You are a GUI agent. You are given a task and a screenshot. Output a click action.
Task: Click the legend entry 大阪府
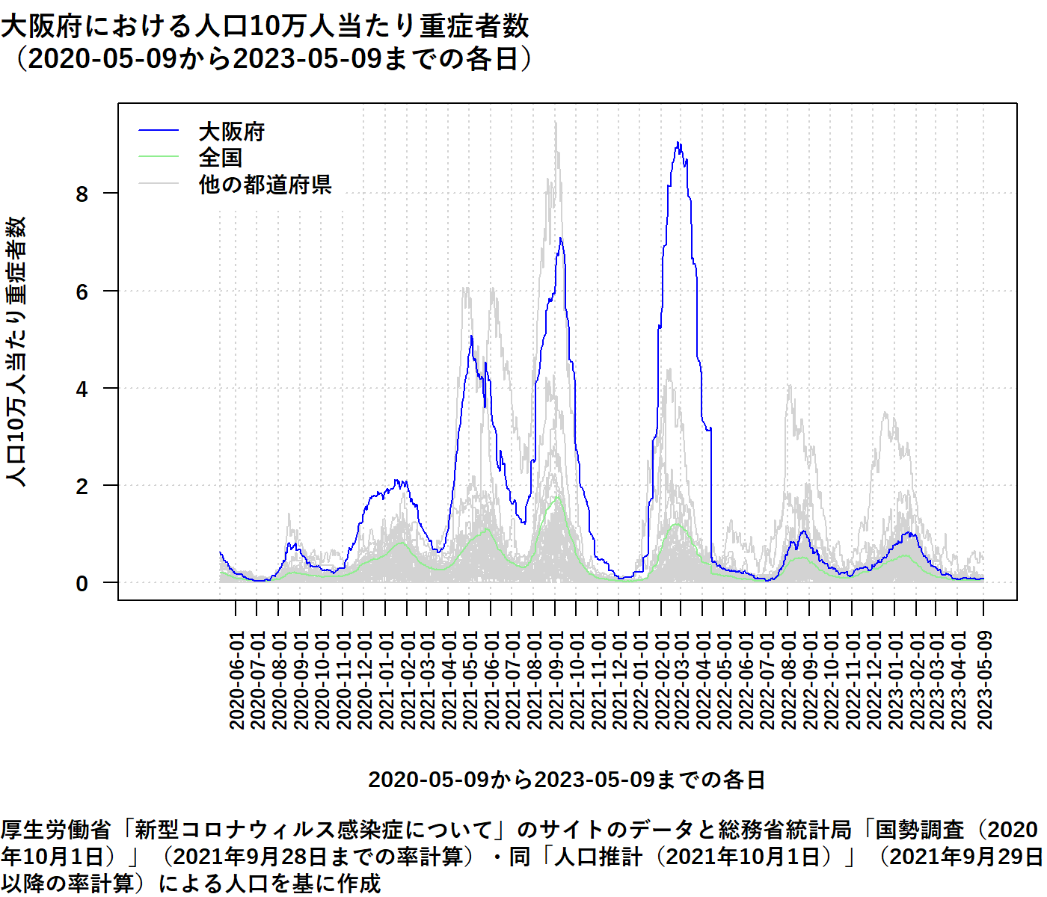tap(231, 132)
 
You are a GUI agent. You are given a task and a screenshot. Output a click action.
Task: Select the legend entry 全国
tap(220, 158)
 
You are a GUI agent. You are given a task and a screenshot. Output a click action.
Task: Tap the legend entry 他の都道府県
tap(265, 184)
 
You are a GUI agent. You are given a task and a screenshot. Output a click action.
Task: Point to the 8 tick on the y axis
tap(82, 194)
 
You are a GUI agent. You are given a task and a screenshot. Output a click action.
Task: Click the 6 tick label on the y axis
tap(82, 292)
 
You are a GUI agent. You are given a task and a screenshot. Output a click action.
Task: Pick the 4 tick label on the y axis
tap(82, 389)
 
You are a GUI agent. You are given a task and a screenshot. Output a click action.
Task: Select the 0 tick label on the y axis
tap(82, 583)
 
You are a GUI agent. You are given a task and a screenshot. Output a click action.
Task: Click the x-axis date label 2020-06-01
tap(236, 680)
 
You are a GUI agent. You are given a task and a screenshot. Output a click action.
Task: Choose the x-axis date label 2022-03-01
tap(681, 680)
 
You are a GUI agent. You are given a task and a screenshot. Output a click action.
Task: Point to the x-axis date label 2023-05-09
tap(984, 680)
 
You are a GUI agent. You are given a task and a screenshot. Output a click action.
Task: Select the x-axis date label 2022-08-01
tap(788, 680)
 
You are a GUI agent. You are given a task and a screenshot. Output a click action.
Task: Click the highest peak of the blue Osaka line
tap(678, 143)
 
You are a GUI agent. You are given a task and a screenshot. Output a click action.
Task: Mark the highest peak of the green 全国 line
tap(557, 496)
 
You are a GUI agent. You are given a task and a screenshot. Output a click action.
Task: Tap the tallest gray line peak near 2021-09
tap(556, 123)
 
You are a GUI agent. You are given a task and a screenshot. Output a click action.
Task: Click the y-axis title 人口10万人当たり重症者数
tap(16, 351)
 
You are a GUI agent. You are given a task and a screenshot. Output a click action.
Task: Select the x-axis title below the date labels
tap(566, 780)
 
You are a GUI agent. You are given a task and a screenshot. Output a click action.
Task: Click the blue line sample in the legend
tap(159, 132)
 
